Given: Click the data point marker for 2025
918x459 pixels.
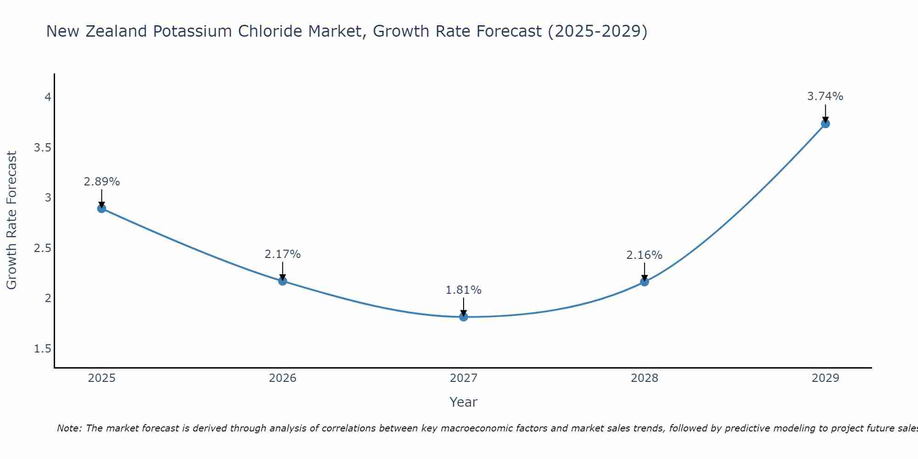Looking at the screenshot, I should tap(102, 208).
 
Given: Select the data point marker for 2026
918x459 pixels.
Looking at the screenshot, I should tap(283, 281).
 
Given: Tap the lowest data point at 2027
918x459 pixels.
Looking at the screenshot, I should tap(464, 317).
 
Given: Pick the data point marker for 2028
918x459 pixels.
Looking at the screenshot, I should tap(644, 282).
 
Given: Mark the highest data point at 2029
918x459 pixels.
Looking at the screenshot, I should tap(825, 123).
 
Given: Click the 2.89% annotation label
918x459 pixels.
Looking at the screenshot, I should tap(102, 182).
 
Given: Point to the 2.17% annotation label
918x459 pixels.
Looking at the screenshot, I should tap(283, 254).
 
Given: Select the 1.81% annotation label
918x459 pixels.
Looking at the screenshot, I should tap(464, 290).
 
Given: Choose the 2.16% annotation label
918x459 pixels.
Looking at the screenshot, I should tap(644, 255).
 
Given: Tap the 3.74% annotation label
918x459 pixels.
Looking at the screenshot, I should tap(825, 96).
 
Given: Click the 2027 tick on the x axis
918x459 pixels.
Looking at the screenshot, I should tap(464, 378).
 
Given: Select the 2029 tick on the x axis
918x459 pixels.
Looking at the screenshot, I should tap(825, 378).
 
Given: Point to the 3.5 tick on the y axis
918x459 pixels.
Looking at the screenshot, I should tap(42, 147).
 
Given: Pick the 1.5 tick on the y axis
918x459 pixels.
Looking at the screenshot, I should tap(42, 349).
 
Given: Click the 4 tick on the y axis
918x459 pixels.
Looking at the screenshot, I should tap(47, 97).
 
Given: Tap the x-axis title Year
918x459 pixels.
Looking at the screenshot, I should tap(464, 402).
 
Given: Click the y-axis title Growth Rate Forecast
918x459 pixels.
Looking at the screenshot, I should tap(11, 220).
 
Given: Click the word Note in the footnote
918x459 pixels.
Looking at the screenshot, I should tap(68, 428).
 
